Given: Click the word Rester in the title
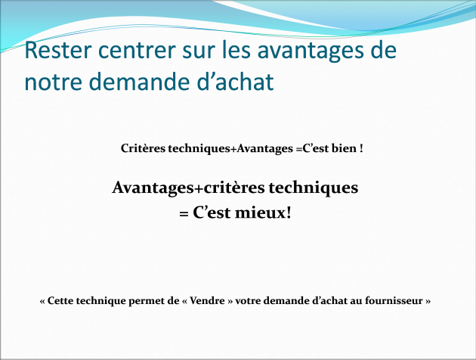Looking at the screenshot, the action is pyautogui.click(x=57, y=50).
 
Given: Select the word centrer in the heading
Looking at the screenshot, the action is pyautogui.click(x=137, y=51).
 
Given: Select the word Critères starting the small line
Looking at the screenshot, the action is pyautogui.click(x=144, y=148).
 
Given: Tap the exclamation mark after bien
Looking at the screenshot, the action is pyautogui.click(x=361, y=148).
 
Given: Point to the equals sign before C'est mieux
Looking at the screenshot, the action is pyautogui.click(x=184, y=214).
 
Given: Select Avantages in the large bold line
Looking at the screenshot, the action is pyautogui.click(x=153, y=188).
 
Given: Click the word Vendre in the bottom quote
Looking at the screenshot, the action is pyautogui.click(x=207, y=300).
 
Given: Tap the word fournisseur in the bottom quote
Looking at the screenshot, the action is pyautogui.click(x=394, y=300).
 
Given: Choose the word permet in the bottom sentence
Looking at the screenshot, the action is pyautogui.click(x=146, y=301).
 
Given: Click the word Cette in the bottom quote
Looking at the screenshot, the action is pyautogui.click(x=60, y=300).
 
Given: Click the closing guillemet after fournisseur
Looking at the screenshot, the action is pyautogui.click(x=428, y=301).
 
